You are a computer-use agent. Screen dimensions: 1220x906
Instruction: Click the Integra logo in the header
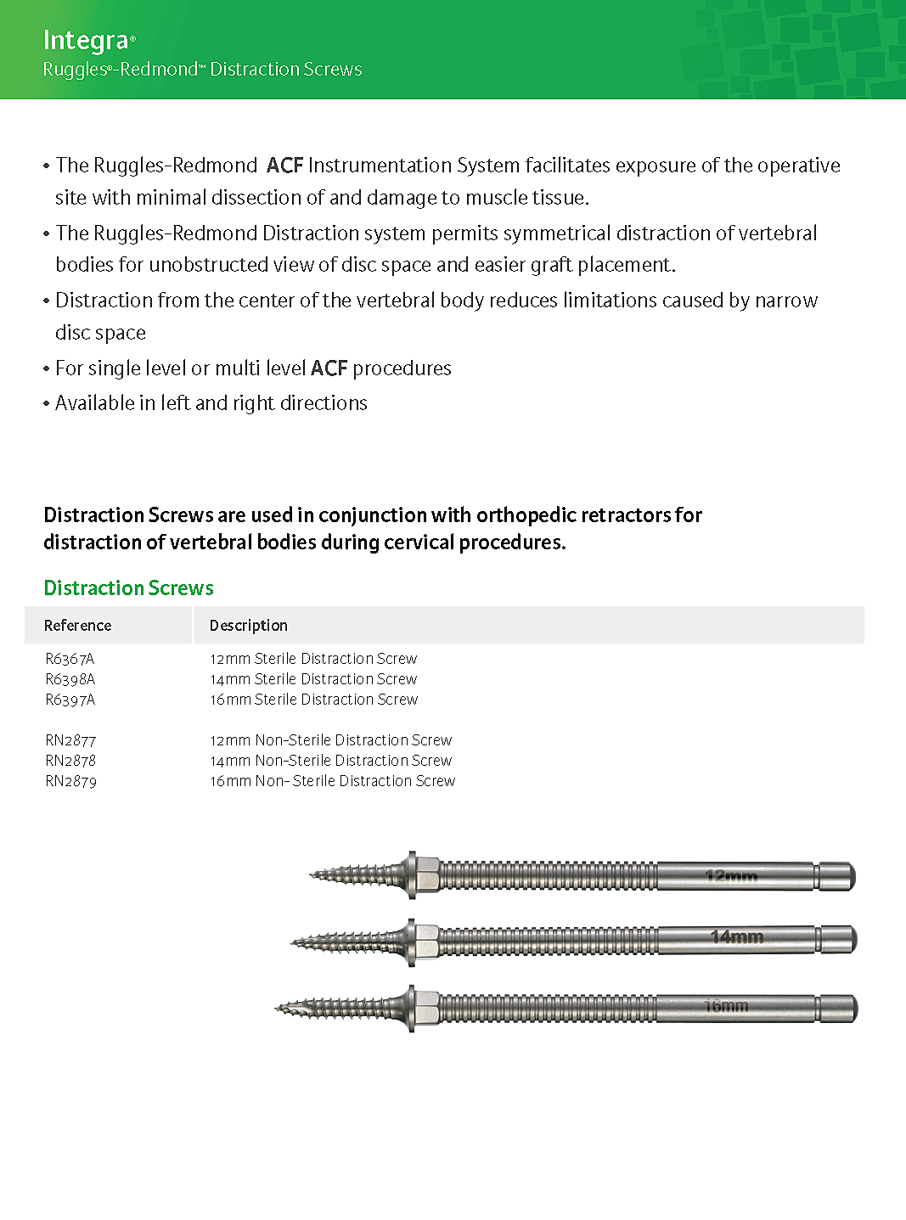click(x=86, y=40)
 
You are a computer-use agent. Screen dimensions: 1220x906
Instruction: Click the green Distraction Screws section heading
click(x=128, y=588)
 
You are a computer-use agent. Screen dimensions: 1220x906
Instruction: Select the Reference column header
click(x=77, y=626)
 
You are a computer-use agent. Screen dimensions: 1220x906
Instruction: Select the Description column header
click(x=248, y=626)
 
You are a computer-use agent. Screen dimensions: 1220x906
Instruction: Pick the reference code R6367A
click(x=70, y=659)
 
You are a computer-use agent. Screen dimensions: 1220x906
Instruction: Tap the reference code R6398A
click(x=70, y=679)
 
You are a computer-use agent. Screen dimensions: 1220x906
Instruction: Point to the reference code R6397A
click(x=70, y=700)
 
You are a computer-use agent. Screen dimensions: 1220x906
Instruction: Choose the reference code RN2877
click(x=70, y=740)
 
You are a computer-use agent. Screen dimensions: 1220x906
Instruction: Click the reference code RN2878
click(x=70, y=761)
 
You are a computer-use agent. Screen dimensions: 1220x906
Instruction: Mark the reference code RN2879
click(x=70, y=781)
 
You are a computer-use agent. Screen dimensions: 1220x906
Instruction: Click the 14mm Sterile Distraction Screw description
click(x=313, y=679)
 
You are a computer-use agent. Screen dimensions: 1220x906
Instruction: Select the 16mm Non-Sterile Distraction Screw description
click(x=332, y=781)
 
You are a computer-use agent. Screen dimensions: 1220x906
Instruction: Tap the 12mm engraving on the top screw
click(x=731, y=875)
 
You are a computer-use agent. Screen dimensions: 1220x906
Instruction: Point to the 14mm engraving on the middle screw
click(x=736, y=936)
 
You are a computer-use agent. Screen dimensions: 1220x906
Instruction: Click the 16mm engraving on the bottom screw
click(x=726, y=1006)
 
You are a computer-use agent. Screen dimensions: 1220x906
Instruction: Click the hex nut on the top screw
click(x=426, y=874)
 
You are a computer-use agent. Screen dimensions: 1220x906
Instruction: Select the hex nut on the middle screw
click(x=426, y=941)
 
